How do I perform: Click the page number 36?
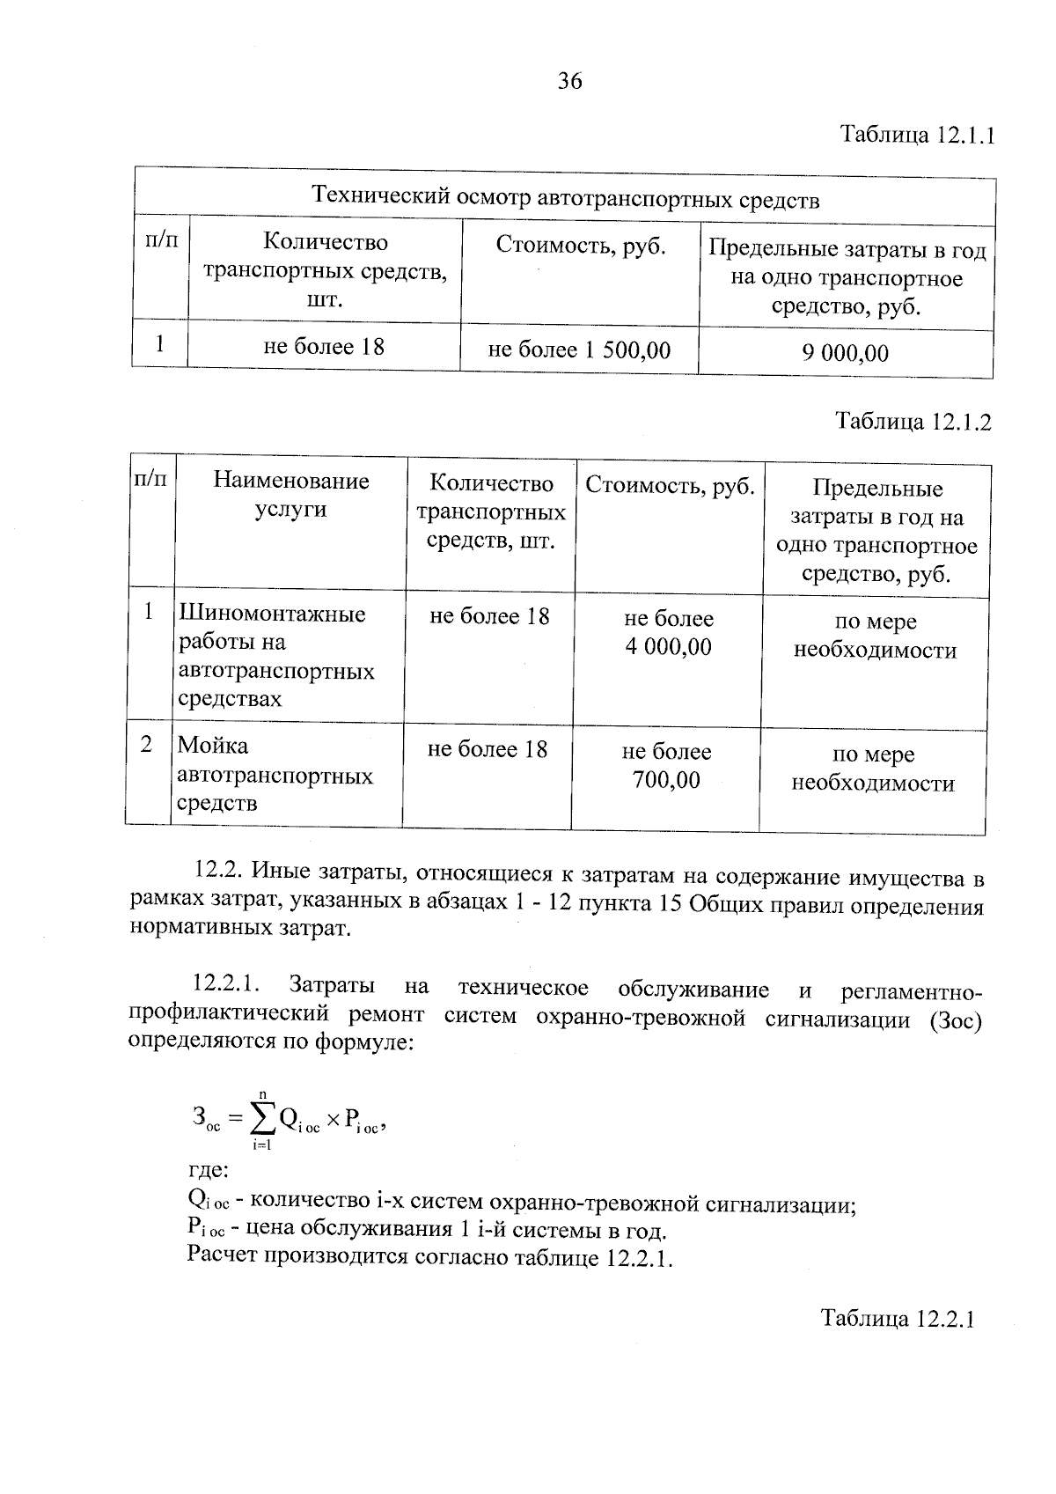569,82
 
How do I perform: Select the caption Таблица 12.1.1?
916,136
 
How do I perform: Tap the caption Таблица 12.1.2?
913,422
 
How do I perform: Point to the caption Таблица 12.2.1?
898,1319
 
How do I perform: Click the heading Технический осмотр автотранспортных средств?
566,199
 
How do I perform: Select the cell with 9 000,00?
845,353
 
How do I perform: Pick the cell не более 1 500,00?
579,350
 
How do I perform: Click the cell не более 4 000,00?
669,633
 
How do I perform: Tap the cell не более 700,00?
666,766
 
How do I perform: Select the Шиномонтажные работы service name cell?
276,656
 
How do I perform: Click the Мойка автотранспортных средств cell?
275,775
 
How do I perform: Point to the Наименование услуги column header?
290,495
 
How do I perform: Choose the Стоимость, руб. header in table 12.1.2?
670,485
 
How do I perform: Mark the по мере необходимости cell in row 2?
873,769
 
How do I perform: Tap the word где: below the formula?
209,1171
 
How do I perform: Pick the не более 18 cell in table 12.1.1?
324,346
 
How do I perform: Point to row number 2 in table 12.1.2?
147,745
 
